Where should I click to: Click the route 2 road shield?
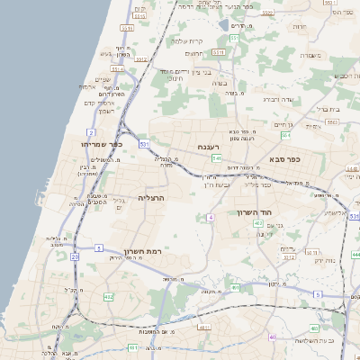(91, 131)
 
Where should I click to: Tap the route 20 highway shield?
(74, 257)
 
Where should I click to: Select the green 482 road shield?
(109, 296)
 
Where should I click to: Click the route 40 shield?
(272, 337)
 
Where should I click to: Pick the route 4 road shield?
(210, 218)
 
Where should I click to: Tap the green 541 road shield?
(217, 158)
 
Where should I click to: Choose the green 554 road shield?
(287, 136)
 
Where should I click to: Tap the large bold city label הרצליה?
(154, 197)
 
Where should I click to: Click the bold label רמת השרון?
(139, 251)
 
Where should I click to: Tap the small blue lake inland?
(223, 26)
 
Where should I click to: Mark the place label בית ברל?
(328, 108)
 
